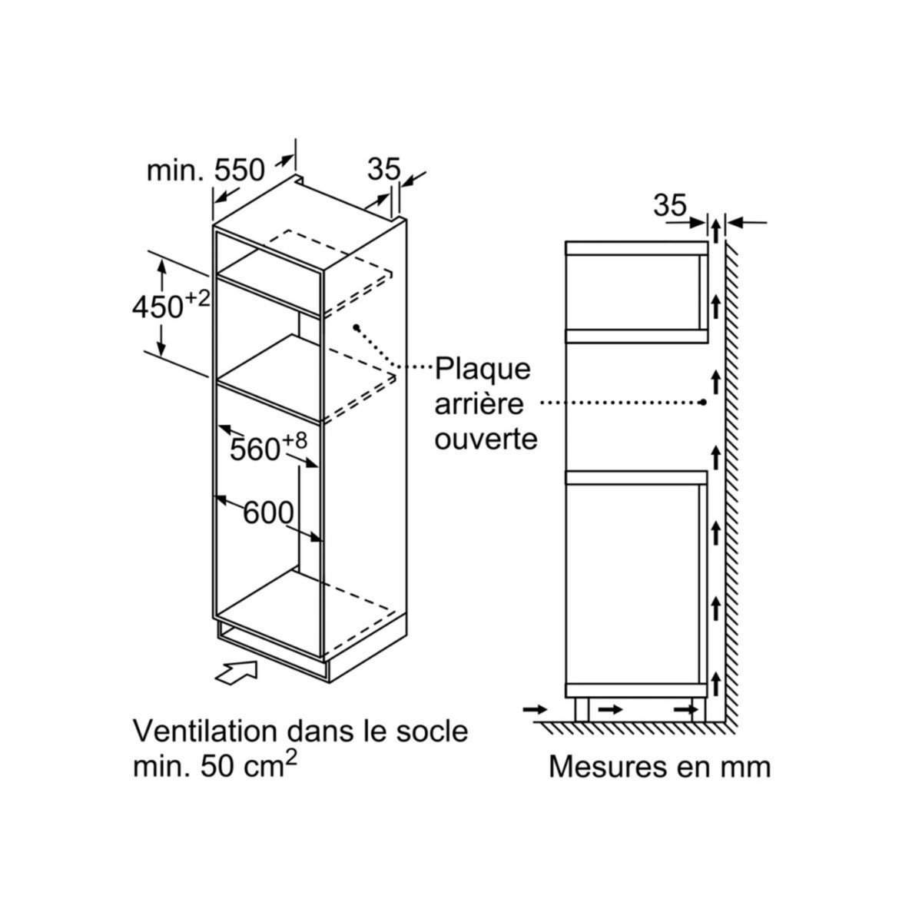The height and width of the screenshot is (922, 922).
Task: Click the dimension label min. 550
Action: pyautogui.click(x=205, y=170)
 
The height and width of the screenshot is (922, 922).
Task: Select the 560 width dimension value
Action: pyautogui.click(x=255, y=449)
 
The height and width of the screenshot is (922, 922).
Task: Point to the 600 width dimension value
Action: pyautogui.click(x=269, y=513)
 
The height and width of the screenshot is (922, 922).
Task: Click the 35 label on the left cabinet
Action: pyautogui.click(x=384, y=169)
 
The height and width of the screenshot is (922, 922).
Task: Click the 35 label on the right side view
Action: pyautogui.click(x=669, y=205)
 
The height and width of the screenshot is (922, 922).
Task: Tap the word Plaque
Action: pyautogui.click(x=483, y=368)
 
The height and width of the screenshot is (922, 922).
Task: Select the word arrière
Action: pyautogui.click(x=479, y=404)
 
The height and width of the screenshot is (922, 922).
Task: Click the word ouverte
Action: pyautogui.click(x=486, y=439)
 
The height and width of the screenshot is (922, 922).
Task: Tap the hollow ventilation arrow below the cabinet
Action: pyautogui.click(x=235, y=673)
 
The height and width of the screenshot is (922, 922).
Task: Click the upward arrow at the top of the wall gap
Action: pyautogui.click(x=715, y=229)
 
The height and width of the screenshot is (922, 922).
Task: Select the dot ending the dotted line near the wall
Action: pyautogui.click(x=704, y=402)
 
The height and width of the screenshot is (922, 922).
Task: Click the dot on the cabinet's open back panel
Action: pyautogui.click(x=357, y=327)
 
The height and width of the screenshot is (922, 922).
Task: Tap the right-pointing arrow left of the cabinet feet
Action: pyautogui.click(x=535, y=709)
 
